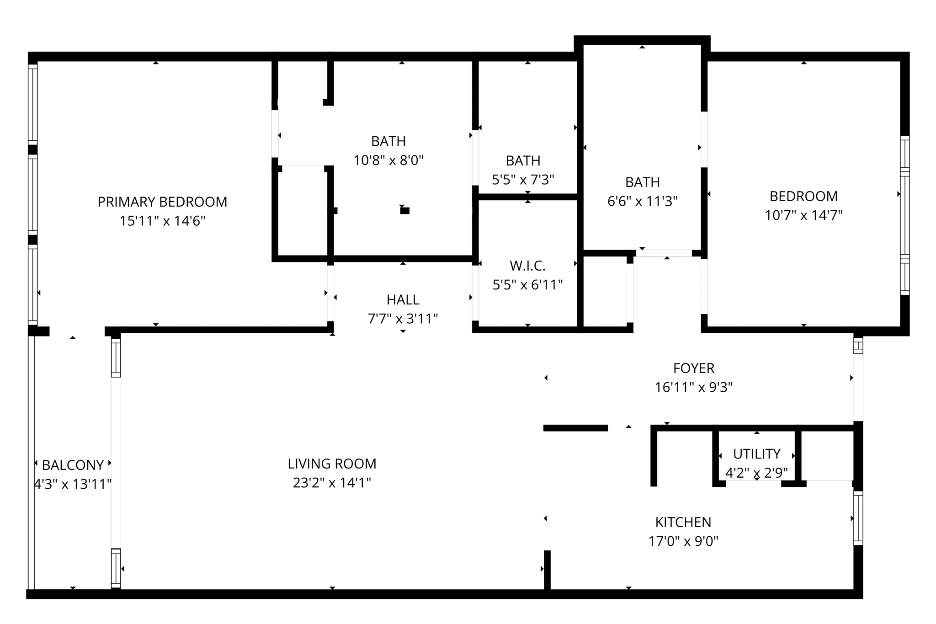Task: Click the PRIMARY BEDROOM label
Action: [x=162, y=202]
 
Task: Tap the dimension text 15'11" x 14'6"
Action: [x=162, y=221]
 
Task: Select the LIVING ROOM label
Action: [x=332, y=464]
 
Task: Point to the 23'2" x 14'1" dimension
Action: [x=332, y=483]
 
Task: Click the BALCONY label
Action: [x=73, y=465]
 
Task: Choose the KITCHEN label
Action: [x=683, y=522]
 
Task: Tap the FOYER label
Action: [x=694, y=368]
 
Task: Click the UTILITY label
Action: [x=757, y=454]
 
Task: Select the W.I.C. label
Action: [x=527, y=266]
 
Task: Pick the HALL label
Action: [x=403, y=300]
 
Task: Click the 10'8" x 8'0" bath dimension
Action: [x=388, y=160]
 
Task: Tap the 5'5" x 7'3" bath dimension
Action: [x=523, y=180]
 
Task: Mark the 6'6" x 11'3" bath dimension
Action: [x=642, y=201]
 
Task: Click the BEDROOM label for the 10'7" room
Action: [x=803, y=196]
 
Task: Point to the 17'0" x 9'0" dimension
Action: [x=683, y=542]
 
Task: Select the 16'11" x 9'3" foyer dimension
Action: [x=694, y=388]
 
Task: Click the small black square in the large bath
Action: [x=404, y=211]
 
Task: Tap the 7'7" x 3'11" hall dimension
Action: [x=403, y=319]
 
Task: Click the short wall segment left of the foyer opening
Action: [x=575, y=428]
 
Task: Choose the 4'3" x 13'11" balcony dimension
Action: [x=73, y=484]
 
